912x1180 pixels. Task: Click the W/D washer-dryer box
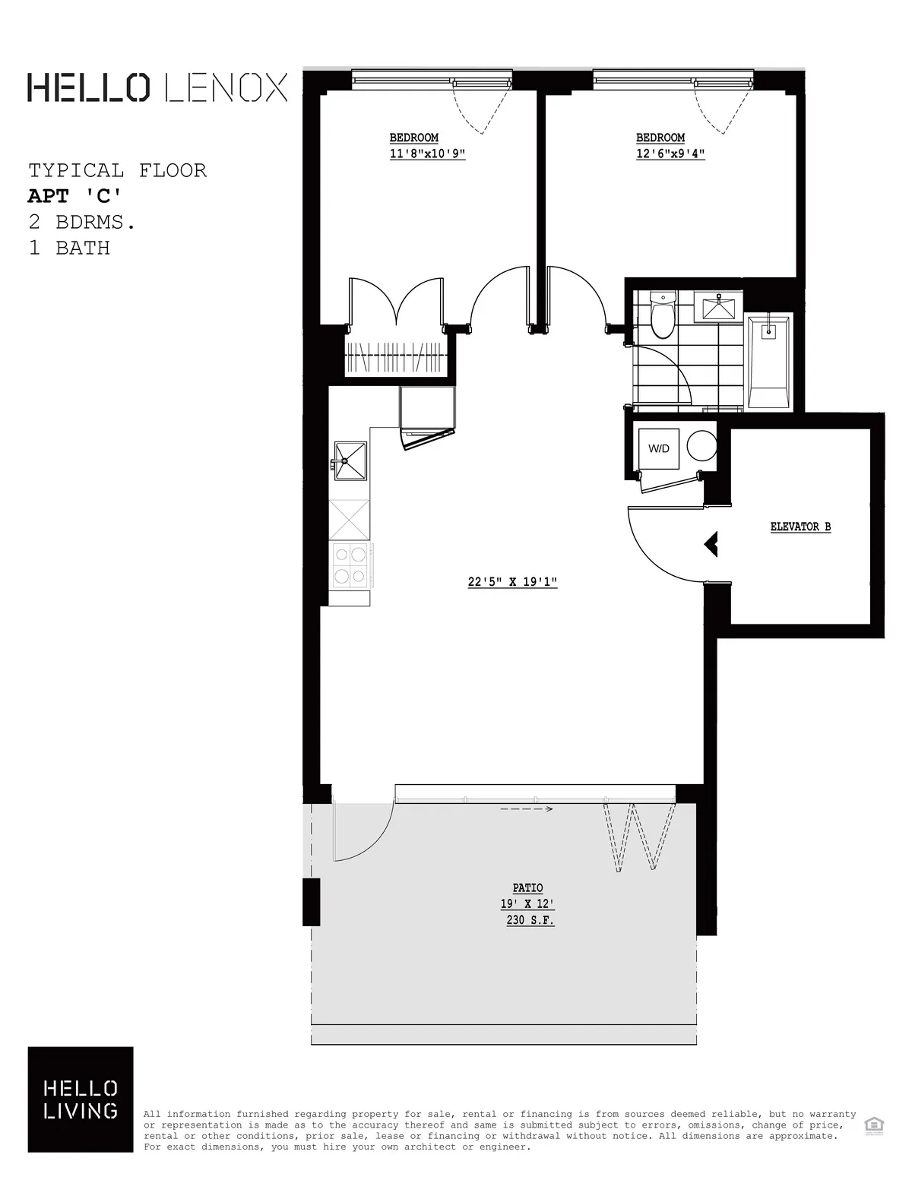(658, 448)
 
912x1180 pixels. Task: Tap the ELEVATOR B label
(800, 527)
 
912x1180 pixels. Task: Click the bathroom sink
(718, 307)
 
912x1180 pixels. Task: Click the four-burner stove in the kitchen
(350, 566)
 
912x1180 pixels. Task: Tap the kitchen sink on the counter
(349, 460)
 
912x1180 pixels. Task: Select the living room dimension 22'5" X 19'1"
(513, 583)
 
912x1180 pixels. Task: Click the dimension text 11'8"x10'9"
(427, 153)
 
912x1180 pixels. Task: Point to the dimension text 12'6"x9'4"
(671, 153)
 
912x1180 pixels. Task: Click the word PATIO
(528, 888)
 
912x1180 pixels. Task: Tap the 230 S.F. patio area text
(530, 920)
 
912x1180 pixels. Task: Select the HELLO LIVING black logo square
(81, 1099)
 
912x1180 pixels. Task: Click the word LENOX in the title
(226, 87)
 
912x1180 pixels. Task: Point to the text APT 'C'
(74, 196)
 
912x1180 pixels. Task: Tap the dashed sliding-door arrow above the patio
(526, 809)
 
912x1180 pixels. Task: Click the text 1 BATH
(69, 248)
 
